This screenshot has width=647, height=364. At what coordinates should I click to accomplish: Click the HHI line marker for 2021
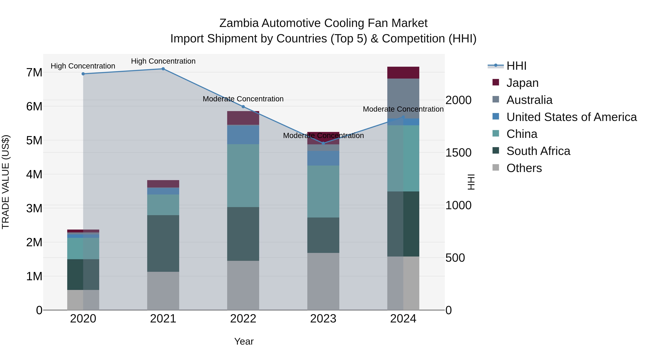tap(163, 69)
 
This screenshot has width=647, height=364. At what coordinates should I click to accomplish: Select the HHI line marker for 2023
tap(323, 143)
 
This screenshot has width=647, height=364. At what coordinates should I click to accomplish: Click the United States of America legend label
tap(571, 117)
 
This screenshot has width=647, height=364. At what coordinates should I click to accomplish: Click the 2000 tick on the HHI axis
tap(458, 100)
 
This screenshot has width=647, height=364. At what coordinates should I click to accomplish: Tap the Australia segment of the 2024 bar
tap(403, 99)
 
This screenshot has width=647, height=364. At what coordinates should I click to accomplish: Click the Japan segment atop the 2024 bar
tap(403, 73)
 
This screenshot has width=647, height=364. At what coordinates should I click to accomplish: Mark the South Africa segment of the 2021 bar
tap(163, 243)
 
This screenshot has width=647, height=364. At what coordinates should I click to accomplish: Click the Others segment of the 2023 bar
tap(323, 281)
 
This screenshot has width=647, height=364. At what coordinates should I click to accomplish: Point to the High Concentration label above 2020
tap(83, 66)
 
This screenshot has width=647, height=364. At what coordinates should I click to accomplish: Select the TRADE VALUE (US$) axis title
tap(6, 182)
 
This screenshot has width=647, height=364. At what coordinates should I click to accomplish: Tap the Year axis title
tap(244, 341)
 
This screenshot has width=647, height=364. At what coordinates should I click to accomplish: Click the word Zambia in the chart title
tap(239, 23)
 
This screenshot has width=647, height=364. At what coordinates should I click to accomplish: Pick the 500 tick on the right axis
tap(455, 258)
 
